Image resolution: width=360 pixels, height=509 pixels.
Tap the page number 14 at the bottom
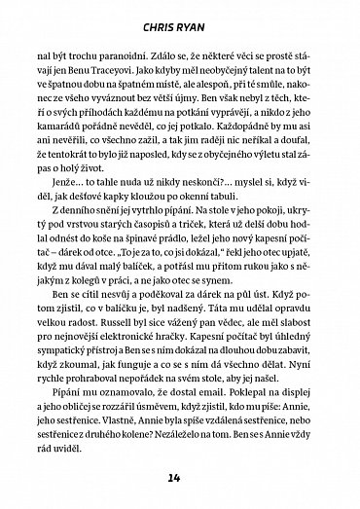[x=180, y=478]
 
